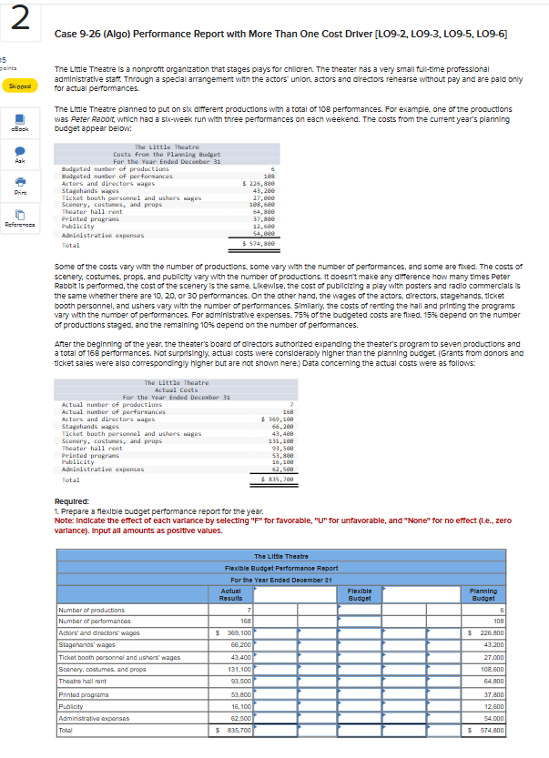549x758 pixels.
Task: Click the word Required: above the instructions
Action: point(72,500)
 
